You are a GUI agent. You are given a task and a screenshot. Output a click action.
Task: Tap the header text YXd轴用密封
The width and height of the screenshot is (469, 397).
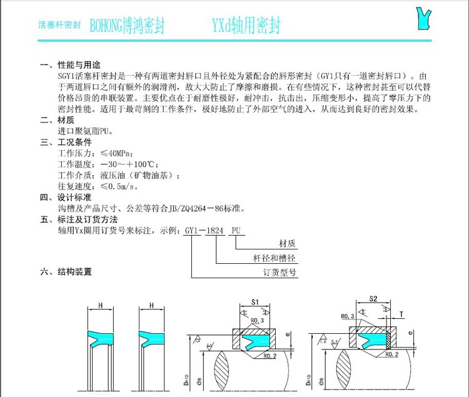(x=246, y=26)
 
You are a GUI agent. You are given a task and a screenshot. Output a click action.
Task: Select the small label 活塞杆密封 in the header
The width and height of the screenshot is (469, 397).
(x=59, y=27)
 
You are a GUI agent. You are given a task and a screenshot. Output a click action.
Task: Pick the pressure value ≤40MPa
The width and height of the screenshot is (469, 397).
(x=118, y=153)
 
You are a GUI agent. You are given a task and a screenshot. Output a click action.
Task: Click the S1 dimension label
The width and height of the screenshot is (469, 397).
(x=255, y=302)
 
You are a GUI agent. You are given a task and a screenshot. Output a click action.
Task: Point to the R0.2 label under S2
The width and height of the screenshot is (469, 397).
(x=392, y=354)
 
